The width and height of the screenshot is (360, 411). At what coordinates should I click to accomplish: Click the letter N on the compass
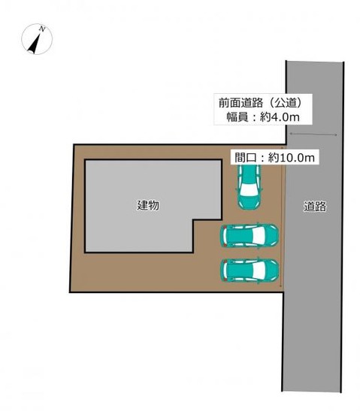(x=41, y=29)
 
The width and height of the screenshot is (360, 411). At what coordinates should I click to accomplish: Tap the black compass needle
(x=35, y=44)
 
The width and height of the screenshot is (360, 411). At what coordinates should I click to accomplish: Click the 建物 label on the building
(x=148, y=205)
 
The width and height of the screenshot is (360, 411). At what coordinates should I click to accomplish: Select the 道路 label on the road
(x=315, y=207)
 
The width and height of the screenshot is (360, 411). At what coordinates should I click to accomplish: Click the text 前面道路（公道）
(x=260, y=103)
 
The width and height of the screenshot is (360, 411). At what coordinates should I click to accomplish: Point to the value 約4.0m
(x=280, y=117)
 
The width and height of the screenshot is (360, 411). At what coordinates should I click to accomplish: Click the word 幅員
(x=237, y=117)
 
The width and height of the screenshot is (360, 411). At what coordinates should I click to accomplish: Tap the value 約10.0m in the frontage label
(x=292, y=158)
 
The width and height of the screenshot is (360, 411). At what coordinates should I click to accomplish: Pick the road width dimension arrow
(x=313, y=134)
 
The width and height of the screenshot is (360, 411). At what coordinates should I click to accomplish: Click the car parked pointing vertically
(x=249, y=187)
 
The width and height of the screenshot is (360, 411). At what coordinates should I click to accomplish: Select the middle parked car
(x=249, y=235)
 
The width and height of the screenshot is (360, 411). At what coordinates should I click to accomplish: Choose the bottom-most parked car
(x=249, y=270)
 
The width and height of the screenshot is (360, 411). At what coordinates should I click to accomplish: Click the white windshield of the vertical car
(x=249, y=190)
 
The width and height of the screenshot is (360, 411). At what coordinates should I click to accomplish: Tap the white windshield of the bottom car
(x=259, y=270)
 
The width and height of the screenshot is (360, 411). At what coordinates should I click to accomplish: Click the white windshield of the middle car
(x=259, y=235)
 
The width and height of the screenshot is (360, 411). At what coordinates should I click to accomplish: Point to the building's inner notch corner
(x=193, y=219)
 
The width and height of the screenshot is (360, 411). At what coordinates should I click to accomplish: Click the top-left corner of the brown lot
(x=74, y=144)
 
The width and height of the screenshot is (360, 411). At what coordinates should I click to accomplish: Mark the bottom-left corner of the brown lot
(x=70, y=292)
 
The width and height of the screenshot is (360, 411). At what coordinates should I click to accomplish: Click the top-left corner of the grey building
(x=85, y=159)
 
